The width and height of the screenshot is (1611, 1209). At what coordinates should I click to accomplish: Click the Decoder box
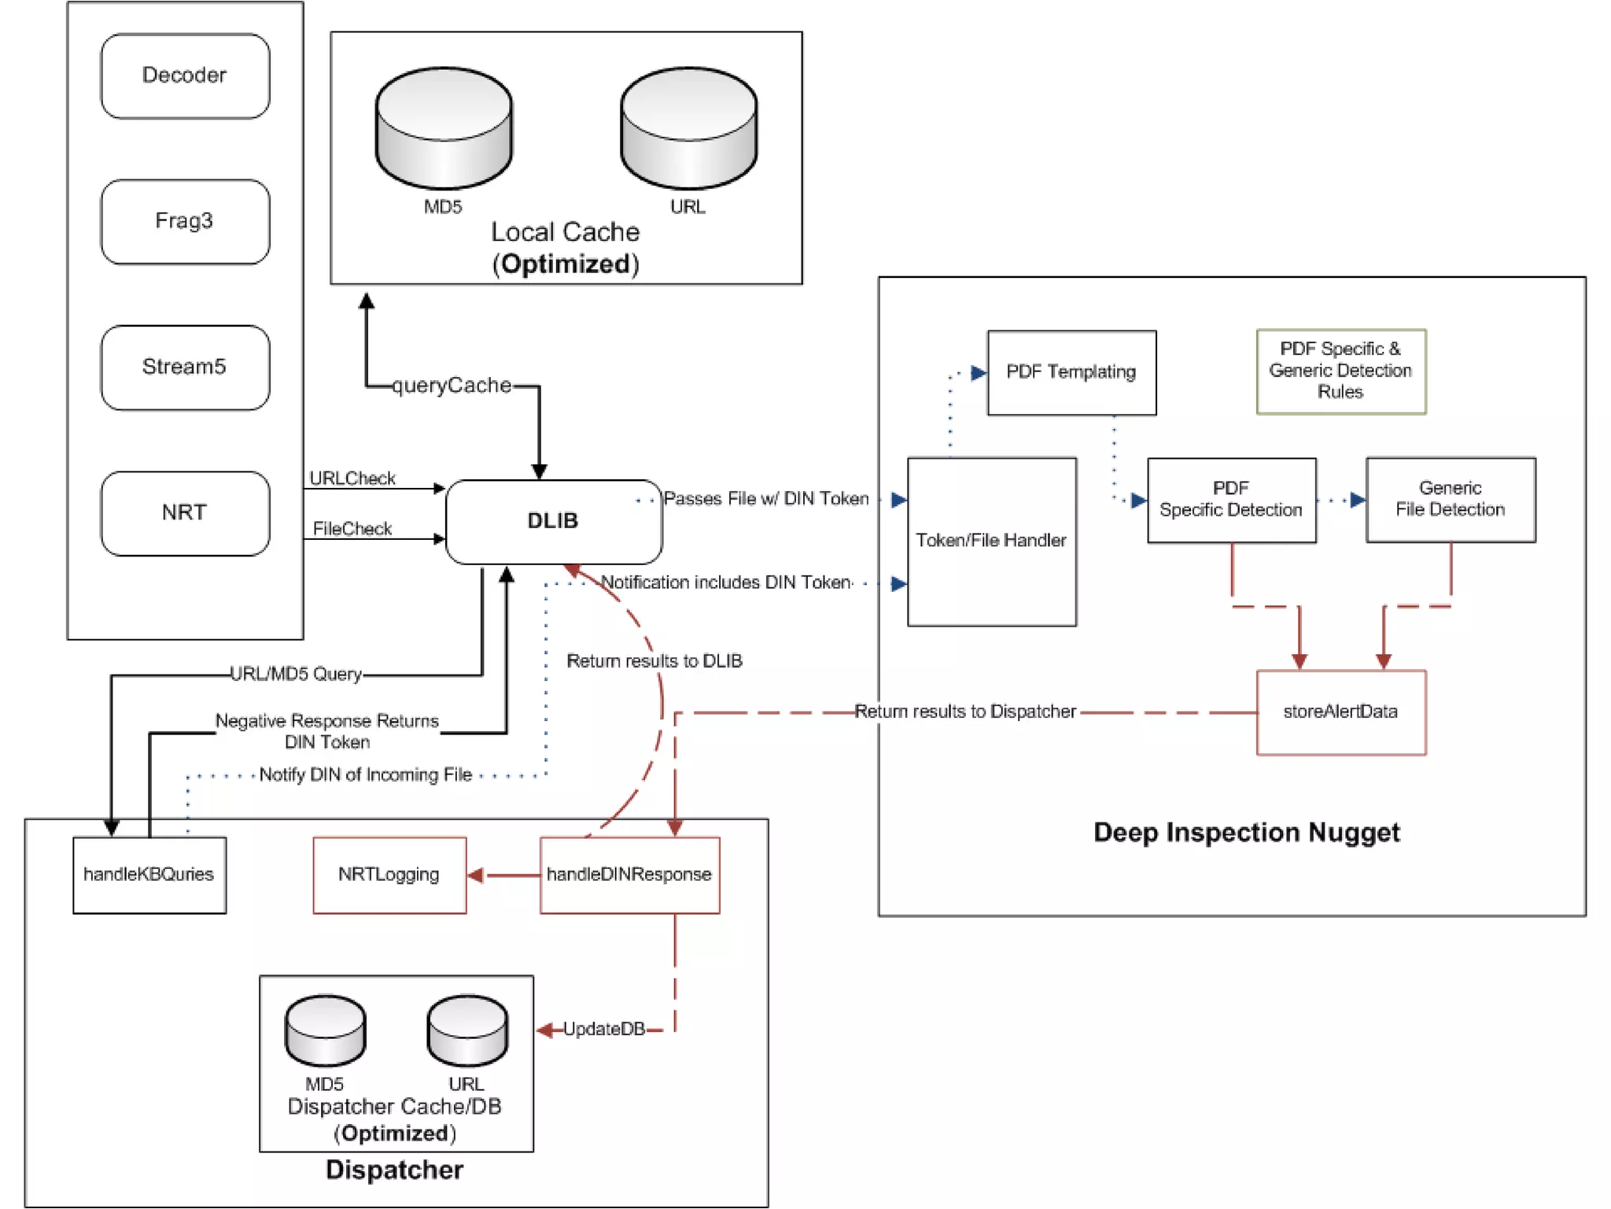[x=185, y=76]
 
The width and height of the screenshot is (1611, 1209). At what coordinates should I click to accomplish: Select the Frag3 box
[x=185, y=221]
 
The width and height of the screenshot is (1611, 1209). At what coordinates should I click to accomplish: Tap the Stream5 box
[x=185, y=367]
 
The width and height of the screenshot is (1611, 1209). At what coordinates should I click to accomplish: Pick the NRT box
[x=185, y=513]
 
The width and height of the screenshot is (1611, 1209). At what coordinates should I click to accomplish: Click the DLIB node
[x=553, y=521]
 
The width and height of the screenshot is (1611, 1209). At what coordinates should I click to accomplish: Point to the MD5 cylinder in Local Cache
[x=444, y=128]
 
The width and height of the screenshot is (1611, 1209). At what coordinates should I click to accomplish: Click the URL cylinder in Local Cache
[x=688, y=128]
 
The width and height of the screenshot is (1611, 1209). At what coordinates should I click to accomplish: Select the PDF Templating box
[x=1071, y=372]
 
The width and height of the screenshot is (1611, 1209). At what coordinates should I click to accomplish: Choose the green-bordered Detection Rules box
[x=1340, y=371]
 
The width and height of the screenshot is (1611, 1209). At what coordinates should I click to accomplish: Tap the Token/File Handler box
[x=991, y=541]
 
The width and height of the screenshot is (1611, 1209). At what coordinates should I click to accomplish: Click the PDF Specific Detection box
[x=1231, y=500]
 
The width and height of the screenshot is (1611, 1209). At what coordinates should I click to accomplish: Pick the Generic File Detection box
[x=1450, y=500]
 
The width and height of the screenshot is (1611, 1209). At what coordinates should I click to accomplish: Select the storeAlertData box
[x=1340, y=712]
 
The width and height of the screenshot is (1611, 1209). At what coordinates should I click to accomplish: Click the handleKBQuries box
[x=149, y=874]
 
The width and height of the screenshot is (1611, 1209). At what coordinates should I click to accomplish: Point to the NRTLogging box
[x=389, y=874]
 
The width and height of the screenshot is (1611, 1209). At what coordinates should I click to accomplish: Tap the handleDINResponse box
[x=629, y=874]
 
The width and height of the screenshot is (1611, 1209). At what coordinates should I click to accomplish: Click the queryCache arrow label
[x=452, y=386]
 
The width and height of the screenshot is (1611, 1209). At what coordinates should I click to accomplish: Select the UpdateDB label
[x=603, y=1029]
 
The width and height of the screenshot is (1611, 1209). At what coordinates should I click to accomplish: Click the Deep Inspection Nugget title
[x=1246, y=833]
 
